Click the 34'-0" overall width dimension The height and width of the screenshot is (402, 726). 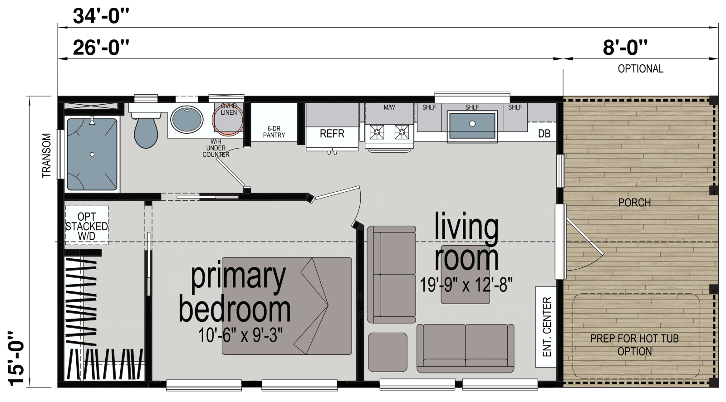pyautogui.click(x=101, y=16)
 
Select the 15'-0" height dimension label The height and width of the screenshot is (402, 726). pyautogui.click(x=16, y=358)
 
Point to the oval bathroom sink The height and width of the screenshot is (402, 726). pyautogui.click(x=187, y=119)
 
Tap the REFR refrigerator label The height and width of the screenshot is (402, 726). pyautogui.click(x=332, y=133)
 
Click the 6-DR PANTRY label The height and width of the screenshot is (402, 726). pyautogui.click(x=274, y=132)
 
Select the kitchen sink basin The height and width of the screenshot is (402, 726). pyautogui.click(x=472, y=126)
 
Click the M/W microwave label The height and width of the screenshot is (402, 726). pyautogui.click(x=389, y=107)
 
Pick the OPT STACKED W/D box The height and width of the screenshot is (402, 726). pyautogui.click(x=87, y=226)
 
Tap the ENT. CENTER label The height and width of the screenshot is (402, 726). pyautogui.click(x=546, y=327)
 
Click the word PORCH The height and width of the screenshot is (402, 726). pyautogui.click(x=634, y=203)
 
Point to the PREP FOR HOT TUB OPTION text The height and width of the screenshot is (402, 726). pyautogui.click(x=634, y=345)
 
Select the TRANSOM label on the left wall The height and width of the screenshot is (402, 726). pyautogui.click(x=47, y=155)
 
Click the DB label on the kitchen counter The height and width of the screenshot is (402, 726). pyautogui.click(x=544, y=134)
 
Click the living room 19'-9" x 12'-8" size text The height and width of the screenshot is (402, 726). pyautogui.click(x=466, y=285)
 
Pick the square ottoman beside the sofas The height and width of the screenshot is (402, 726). pyautogui.click(x=388, y=352)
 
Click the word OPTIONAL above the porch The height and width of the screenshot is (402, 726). pyautogui.click(x=640, y=68)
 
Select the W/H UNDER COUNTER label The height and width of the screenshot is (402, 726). pyautogui.click(x=216, y=148)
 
